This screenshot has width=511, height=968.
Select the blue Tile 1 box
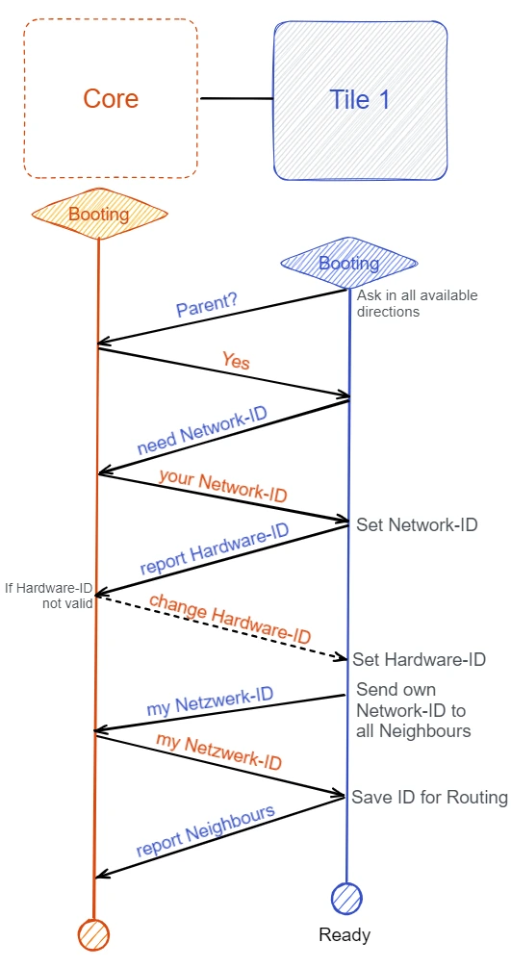(x=360, y=101)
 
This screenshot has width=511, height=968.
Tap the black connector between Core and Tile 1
(x=237, y=99)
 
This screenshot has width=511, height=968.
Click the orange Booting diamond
(x=99, y=215)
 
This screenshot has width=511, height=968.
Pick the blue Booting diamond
(x=348, y=264)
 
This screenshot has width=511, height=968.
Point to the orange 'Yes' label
(x=236, y=360)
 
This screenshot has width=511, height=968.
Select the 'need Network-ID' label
(x=202, y=430)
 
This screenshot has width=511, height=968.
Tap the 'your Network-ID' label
(x=223, y=485)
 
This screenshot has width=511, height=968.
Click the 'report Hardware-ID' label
(x=215, y=550)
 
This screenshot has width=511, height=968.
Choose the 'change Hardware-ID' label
(x=230, y=619)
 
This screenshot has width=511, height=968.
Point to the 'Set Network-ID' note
(x=418, y=525)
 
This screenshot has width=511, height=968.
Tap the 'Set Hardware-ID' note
(x=419, y=659)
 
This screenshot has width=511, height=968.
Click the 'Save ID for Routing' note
(x=429, y=797)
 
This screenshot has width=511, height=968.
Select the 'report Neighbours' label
(x=205, y=830)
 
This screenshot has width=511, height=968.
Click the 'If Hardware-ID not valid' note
(x=49, y=595)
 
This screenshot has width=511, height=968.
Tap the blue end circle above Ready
(x=346, y=899)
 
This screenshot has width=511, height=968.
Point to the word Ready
(x=345, y=934)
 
